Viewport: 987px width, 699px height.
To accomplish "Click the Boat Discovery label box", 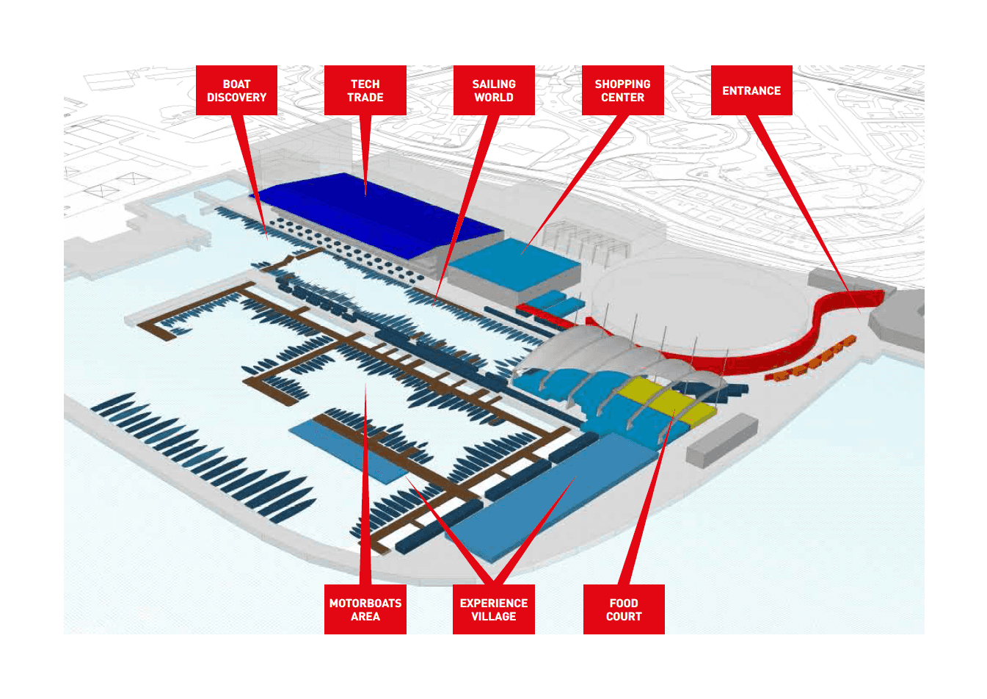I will point(236,90).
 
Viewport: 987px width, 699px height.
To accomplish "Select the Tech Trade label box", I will point(365,90).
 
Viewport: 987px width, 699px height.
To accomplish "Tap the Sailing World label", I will point(494,90).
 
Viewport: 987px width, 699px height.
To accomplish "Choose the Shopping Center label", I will point(622,90).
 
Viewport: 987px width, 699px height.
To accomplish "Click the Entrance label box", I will point(751,90).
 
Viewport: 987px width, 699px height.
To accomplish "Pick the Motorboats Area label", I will point(365,609).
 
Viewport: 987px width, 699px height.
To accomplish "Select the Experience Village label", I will point(493,609).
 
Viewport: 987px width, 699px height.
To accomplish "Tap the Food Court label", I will point(624,609).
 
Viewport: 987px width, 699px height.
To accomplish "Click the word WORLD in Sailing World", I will point(494,98).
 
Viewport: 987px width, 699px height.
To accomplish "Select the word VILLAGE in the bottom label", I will point(493,617).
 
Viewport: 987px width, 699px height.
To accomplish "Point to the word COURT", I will point(624,617).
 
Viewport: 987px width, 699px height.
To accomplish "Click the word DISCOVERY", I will point(236,98).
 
